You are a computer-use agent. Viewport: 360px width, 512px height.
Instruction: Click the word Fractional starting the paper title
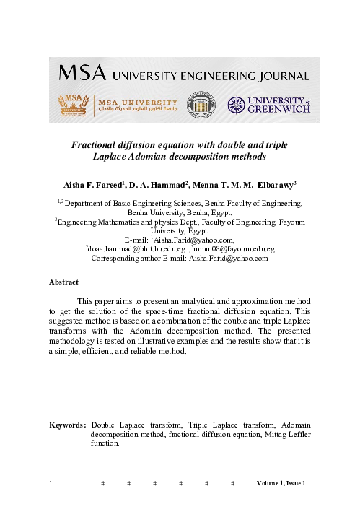(96, 144)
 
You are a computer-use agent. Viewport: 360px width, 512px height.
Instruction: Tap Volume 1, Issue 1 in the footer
(282, 482)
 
